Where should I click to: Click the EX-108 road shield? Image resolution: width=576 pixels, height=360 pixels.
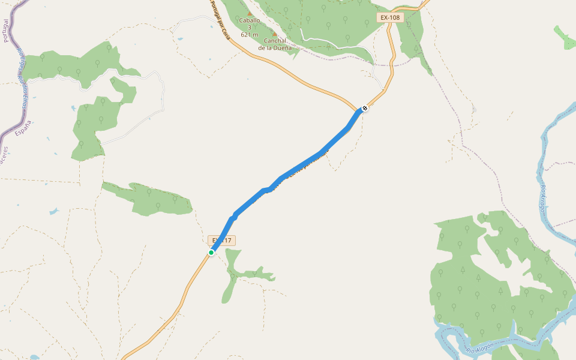[x=389, y=17]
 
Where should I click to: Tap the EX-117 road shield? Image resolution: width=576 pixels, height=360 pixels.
[x=222, y=241]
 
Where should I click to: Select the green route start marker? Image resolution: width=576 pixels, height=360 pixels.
[x=211, y=253]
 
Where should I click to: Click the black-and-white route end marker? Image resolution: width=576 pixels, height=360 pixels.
[x=364, y=109]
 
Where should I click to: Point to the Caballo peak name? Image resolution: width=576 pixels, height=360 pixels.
[x=250, y=20]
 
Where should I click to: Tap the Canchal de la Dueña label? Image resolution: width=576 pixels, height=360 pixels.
[x=275, y=44]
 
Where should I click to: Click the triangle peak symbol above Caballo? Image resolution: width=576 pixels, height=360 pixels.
[x=250, y=13]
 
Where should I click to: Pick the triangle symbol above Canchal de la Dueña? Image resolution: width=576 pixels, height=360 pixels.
[x=274, y=34]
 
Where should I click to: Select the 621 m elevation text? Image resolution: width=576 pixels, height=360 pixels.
[x=250, y=34]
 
